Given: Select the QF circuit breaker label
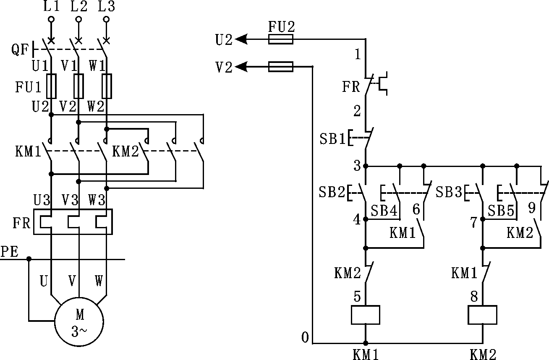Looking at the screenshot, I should (x=20, y=50).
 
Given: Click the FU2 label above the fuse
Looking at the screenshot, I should (x=281, y=27).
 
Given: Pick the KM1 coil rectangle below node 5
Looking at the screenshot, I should (x=365, y=315).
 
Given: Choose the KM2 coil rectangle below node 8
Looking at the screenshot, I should (x=482, y=315).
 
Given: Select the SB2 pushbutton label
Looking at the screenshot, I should (x=331, y=193).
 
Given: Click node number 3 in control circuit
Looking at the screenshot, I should (x=357, y=166).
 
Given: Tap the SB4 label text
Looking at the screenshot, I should (x=384, y=211).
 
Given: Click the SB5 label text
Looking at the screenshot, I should (x=501, y=211).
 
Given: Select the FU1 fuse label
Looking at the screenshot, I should (x=29, y=87).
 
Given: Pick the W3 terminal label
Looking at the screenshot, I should (x=97, y=199).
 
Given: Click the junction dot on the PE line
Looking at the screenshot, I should (x=29, y=259).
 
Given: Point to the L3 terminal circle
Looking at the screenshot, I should (x=106, y=19).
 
